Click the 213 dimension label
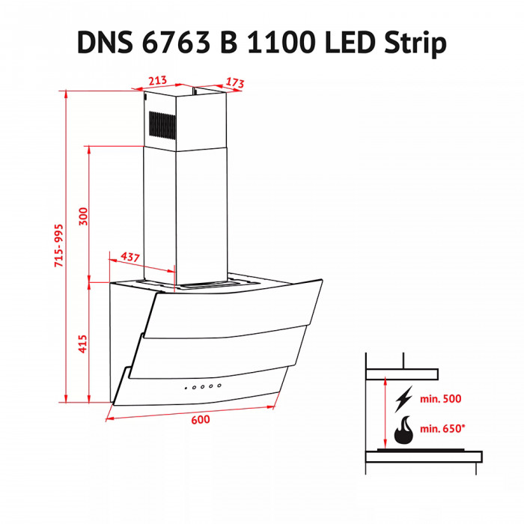(157, 81)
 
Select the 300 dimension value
(84, 216)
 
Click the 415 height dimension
(84, 344)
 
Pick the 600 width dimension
(199, 419)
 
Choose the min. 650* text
(443, 430)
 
